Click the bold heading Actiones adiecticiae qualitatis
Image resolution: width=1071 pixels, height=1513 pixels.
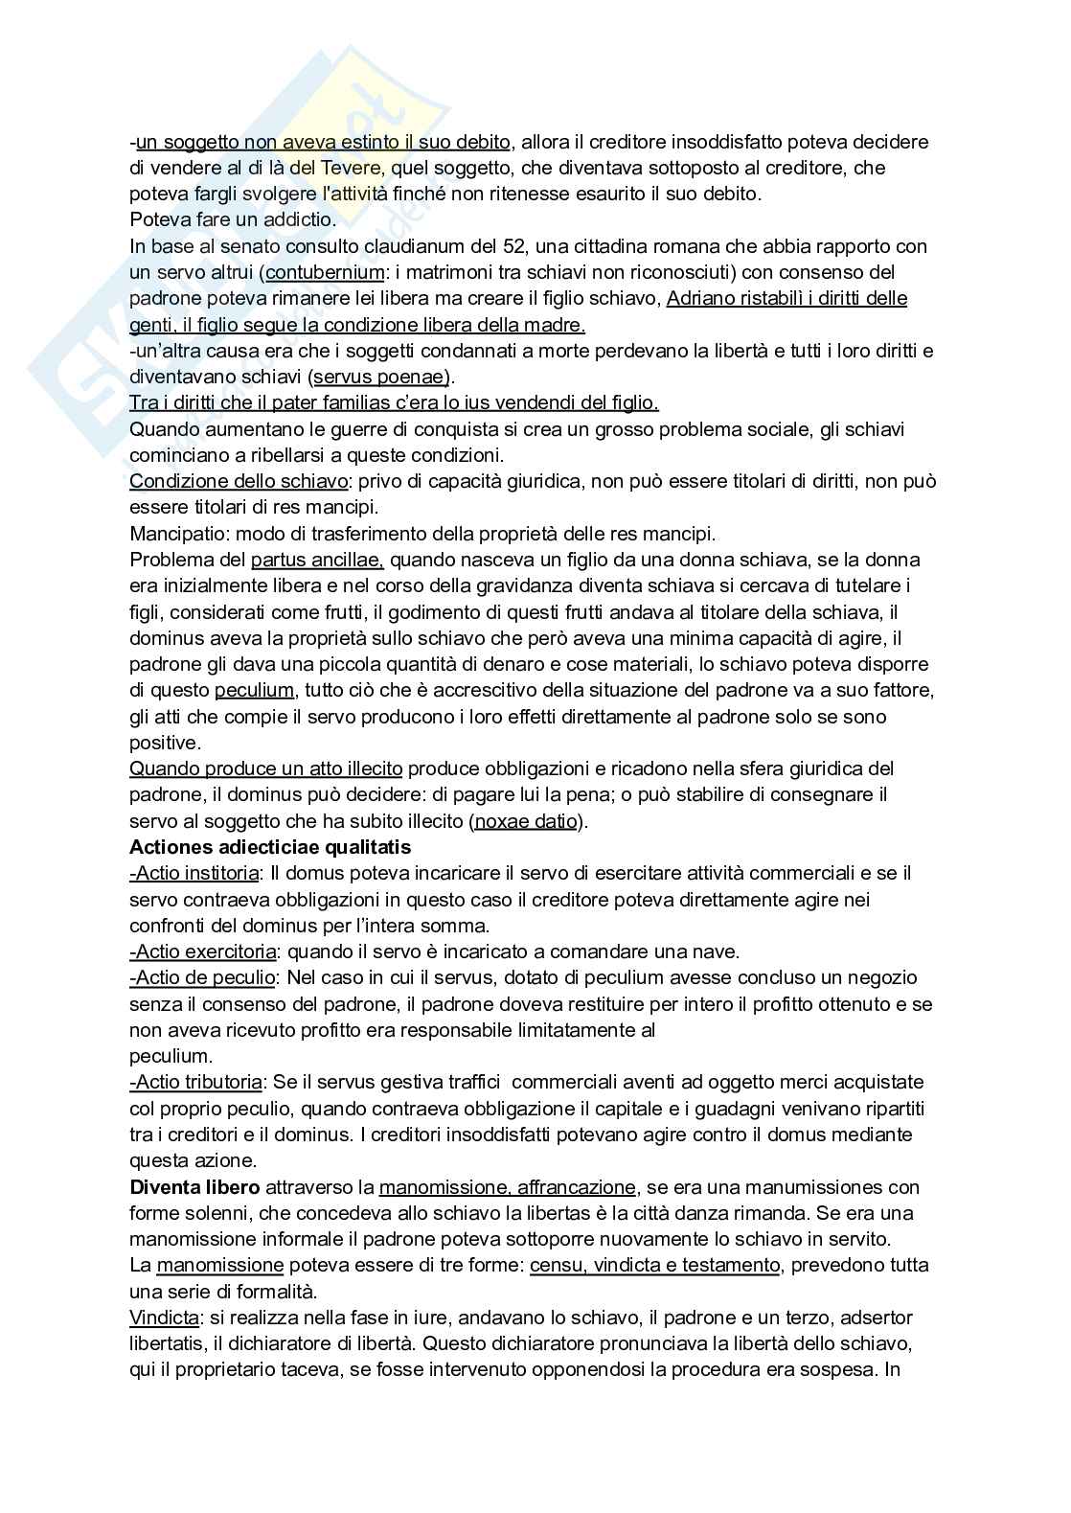tap(269, 847)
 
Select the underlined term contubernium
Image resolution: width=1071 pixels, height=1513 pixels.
tap(316, 272)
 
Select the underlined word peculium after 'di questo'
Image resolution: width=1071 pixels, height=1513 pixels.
tap(254, 690)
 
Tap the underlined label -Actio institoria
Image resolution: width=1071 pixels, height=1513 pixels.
tap(194, 873)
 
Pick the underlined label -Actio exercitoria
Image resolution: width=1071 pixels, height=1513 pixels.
tap(203, 951)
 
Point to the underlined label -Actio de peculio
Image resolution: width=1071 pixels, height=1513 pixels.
tap(202, 977)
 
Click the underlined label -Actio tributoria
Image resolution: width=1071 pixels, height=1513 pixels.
tap(195, 1082)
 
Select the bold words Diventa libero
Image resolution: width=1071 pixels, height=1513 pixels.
tap(194, 1187)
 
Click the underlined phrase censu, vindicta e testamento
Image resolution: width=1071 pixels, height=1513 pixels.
tap(654, 1265)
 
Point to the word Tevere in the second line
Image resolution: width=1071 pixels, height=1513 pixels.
tap(355, 168)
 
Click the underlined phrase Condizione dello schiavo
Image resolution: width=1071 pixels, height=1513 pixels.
tap(239, 481)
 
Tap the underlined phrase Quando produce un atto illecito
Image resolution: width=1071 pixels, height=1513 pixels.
tap(266, 768)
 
